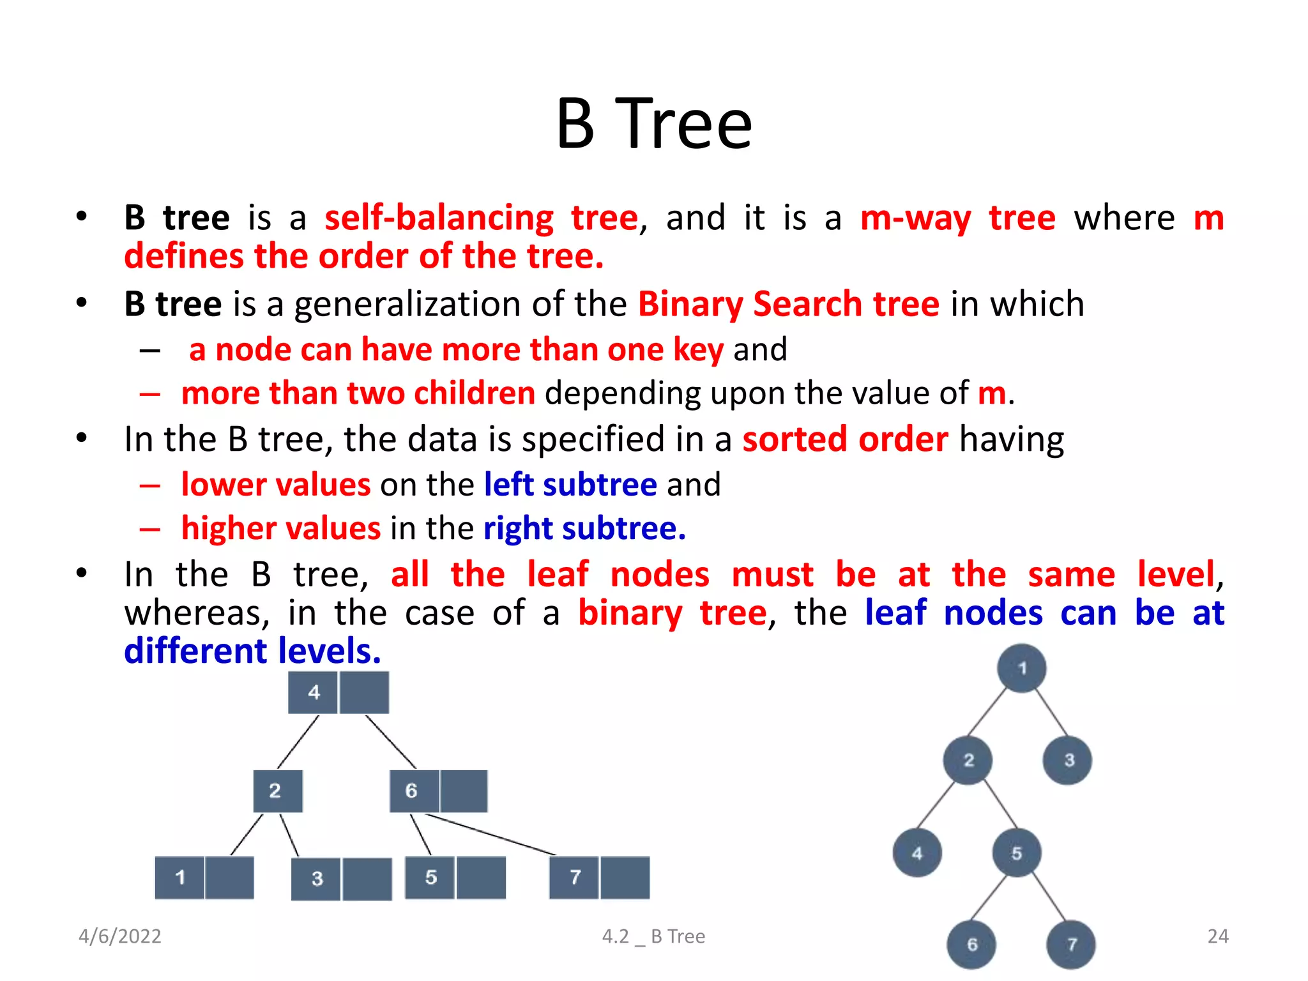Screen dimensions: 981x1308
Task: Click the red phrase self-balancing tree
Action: click(481, 218)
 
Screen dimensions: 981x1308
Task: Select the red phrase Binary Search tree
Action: click(788, 304)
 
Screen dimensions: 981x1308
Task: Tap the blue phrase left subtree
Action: click(570, 485)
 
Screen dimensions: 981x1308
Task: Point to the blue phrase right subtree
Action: click(584, 529)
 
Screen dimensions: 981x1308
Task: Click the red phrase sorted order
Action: click(844, 440)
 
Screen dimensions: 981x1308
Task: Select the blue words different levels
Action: click(252, 651)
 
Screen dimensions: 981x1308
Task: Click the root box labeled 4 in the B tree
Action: click(313, 692)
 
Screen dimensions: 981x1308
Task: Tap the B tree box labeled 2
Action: click(277, 791)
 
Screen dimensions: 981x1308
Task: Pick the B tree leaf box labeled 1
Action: click(180, 878)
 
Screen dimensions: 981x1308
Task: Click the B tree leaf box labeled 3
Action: click(316, 879)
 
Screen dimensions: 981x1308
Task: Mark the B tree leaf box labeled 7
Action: click(574, 878)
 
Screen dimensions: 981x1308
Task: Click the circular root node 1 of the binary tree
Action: click(1021, 668)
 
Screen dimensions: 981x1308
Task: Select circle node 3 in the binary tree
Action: click(1068, 760)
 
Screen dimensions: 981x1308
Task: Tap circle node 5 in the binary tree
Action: click(1016, 853)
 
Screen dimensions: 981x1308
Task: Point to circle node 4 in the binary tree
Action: click(917, 853)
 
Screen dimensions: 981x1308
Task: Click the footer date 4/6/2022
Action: click(119, 936)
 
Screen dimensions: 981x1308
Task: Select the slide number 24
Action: click(1217, 936)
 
